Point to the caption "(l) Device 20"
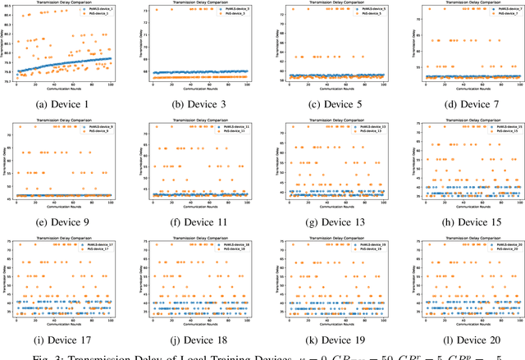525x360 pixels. [459, 339]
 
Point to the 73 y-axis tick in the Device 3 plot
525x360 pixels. [144, 11]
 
